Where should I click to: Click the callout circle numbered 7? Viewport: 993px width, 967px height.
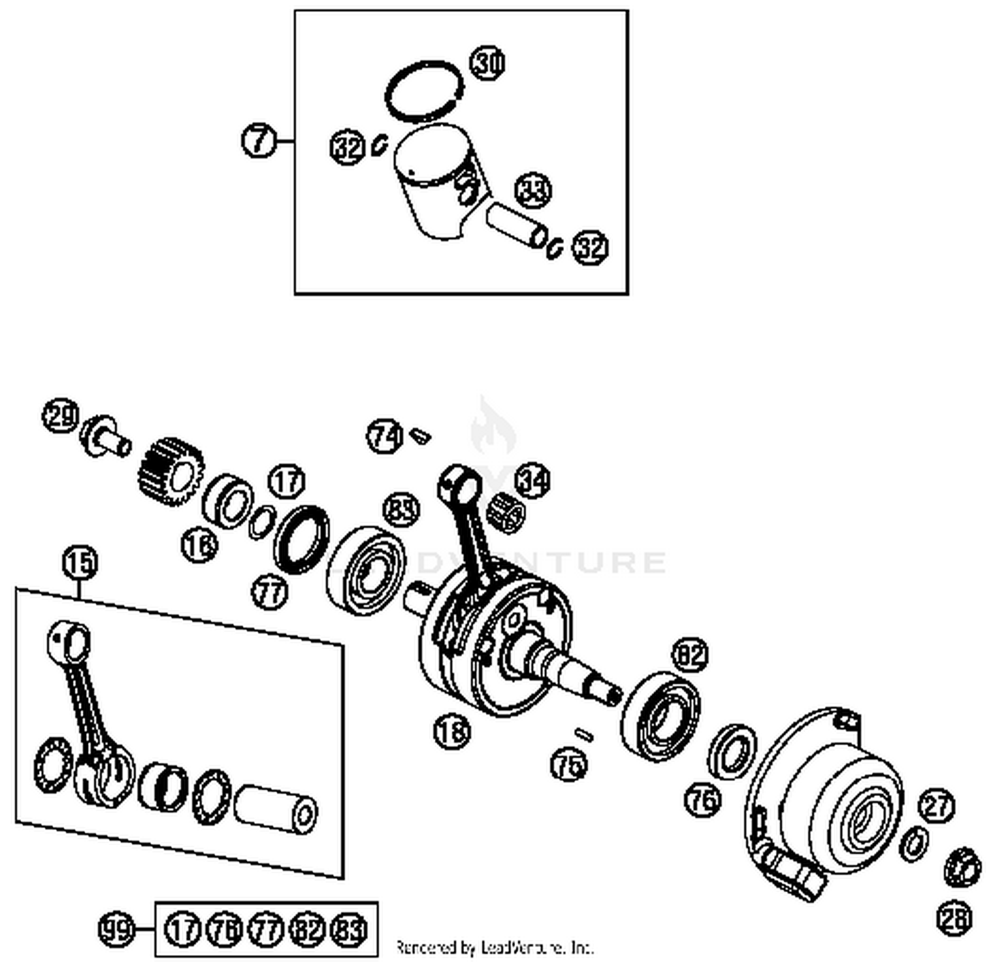point(258,140)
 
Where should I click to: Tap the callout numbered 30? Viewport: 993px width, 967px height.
point(488,64)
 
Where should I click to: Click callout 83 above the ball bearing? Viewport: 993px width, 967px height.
point(401,511)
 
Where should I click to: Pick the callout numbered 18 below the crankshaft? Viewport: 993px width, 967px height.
point(452,731)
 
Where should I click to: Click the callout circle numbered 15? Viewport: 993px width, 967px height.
point(80,563)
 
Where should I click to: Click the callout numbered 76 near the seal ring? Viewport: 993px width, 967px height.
point(702,799)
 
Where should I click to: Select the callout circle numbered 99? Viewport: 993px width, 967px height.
point(117,929)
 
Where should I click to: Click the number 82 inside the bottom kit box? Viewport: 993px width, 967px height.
point(308,929)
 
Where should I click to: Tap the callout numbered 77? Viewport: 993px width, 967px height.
point(269,591)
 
